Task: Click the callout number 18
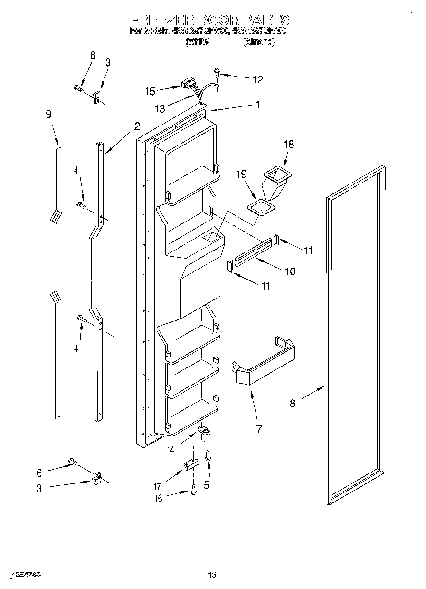[289, 145]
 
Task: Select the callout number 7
[258, 429]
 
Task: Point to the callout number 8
[293, 404]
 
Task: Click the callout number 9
[48, 114]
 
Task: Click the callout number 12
[257, 79]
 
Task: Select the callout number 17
[157, 486]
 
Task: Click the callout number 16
[158, 498]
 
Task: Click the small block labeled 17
[190, 464]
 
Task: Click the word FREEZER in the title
[161, 20]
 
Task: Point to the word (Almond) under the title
[258, 42]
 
